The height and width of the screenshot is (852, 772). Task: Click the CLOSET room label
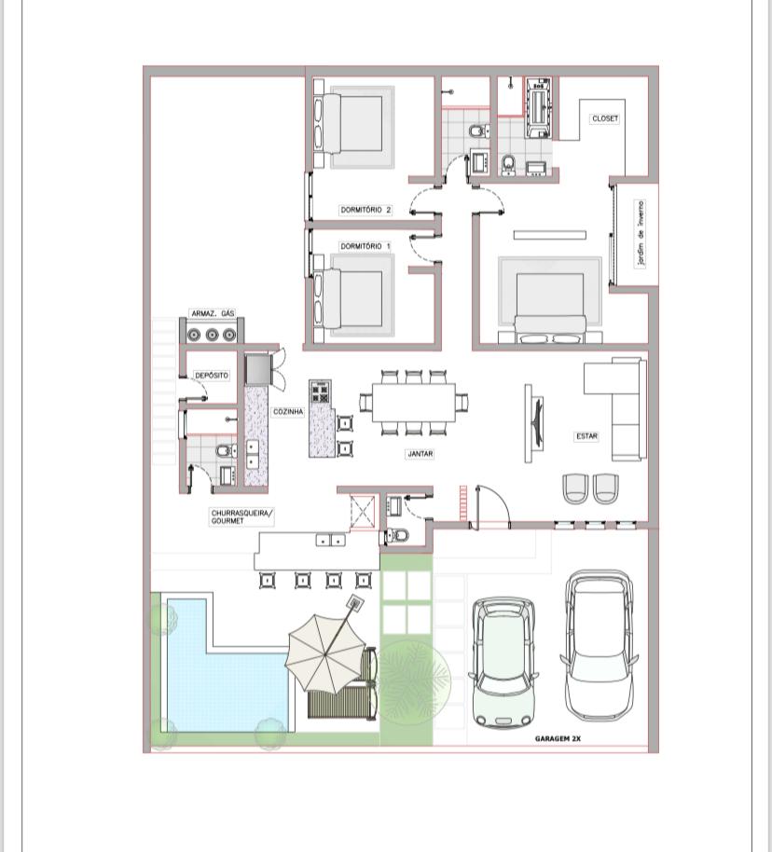(x=605, y=117)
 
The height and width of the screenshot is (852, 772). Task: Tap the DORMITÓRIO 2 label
(x=365, y=209)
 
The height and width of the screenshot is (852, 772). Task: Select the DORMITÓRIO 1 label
(x=365, y=246)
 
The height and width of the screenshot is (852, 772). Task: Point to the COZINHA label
(x=288, y=412)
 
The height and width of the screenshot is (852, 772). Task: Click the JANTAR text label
(x=420, y=453)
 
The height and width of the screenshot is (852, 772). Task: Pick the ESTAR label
(x=586, y=435)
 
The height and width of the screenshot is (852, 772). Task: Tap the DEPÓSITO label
(x=212, y=375)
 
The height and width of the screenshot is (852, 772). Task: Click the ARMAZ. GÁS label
(x=213, y=313)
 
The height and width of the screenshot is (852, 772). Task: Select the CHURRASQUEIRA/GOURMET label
(x=241, y=516)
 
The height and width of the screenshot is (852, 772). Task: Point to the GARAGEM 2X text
(x=558, y=738)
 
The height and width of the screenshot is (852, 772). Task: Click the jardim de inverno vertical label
(x=641, y=234)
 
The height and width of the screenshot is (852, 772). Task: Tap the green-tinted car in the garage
(x=503, y=662)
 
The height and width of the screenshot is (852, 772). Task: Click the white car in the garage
(x=599, y=644)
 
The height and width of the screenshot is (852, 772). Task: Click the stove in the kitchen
(x=320, y=392)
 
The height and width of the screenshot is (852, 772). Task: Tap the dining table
(x=414, y=402)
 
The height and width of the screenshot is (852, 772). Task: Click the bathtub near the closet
(x=539, y=107)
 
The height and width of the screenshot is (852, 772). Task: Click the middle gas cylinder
(x=212, y=335)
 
